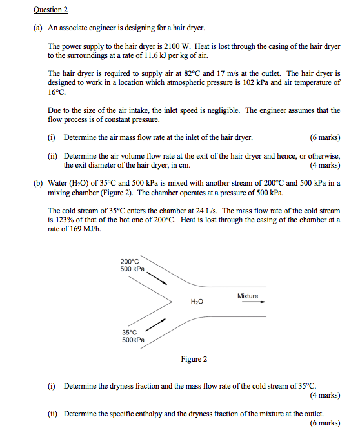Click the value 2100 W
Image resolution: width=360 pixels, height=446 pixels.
(169, 47)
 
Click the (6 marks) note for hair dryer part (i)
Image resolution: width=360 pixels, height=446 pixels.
(325, 137)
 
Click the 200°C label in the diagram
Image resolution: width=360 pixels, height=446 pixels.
(130, 261)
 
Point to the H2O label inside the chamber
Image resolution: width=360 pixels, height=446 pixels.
(197, 302)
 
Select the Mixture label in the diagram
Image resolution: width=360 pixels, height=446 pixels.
(248, 296)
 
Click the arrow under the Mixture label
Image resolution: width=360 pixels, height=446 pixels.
(249, 303)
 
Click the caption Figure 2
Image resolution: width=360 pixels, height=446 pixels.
(194, 359)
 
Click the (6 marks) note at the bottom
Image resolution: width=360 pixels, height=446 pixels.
(325, 423)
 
